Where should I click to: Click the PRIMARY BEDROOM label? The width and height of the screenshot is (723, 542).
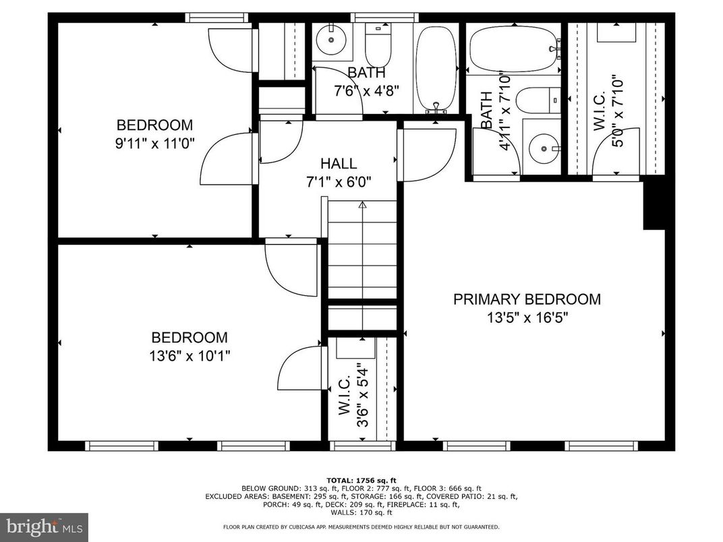click(x=526, y=299)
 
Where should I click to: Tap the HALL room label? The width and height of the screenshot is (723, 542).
click(x=339, y=163)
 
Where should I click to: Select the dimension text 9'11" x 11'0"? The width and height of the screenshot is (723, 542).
click(x=154, y=143)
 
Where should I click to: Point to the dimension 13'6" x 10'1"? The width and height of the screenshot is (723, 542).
click(x=189, y=355)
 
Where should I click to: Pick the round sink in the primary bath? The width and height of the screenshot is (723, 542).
click(x=543, y=148)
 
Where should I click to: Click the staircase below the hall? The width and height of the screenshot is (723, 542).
click(x=362, y=249)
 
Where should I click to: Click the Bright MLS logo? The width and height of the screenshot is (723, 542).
click(x=44, y=525)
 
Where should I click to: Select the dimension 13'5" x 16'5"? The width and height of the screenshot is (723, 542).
click(x=526, y=318)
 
